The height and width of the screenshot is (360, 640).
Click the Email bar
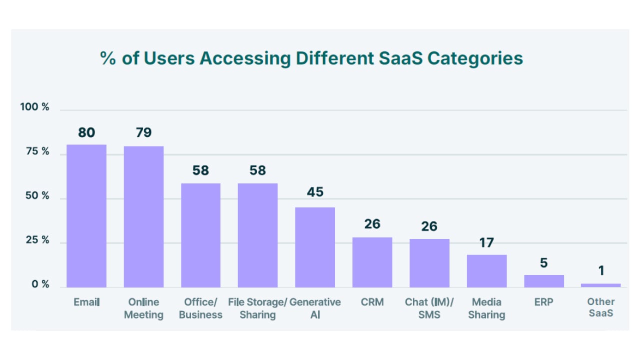pyautogui.click(x=86, y=215)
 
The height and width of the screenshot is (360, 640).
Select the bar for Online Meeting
pyautogui.click(x=143, y=216)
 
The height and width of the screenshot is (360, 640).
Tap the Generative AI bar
pyautogui.click(x=315, y=247)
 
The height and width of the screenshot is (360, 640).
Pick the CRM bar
pyautogui.click(x=372, y=262)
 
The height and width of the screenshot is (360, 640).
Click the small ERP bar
pyautogui.click(x=544, y=281)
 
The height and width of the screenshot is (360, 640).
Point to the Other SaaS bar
pyautogui.click(x=601, y=285)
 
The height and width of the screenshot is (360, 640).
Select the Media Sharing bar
pyautogui.click(x=487, y=271)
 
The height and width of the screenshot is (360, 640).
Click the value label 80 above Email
pyautogui.click(x=86, y=132)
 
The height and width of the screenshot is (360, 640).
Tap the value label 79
pyautogui.click(x=143, y=132)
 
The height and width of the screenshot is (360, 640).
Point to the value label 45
pyautogui.click(x=315, y=192)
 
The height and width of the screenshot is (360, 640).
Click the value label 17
pyautogui.click(x=486, y=243)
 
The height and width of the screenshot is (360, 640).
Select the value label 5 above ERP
pyautogui.click(x=543, y=263)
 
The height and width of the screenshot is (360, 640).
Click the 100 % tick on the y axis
pyautogui.click(x=34, y=107)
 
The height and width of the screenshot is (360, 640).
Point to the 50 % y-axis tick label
pyautogui.click(x=37, y=195)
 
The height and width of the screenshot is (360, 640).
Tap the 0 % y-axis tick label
pyautogui.click(x=40, y=284)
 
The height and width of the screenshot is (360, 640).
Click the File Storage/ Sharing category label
pyautogui.click(x=257, y=308)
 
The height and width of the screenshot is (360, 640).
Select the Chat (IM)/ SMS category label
pyautogui.click(x=429, y=308)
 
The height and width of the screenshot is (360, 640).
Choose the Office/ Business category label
pyautogui.click(x=200, y=308)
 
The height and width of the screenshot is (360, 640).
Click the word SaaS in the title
pyautogui.click(x=400, y=58)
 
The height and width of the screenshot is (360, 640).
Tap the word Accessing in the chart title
pyautogui.click(x=245, y=59)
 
